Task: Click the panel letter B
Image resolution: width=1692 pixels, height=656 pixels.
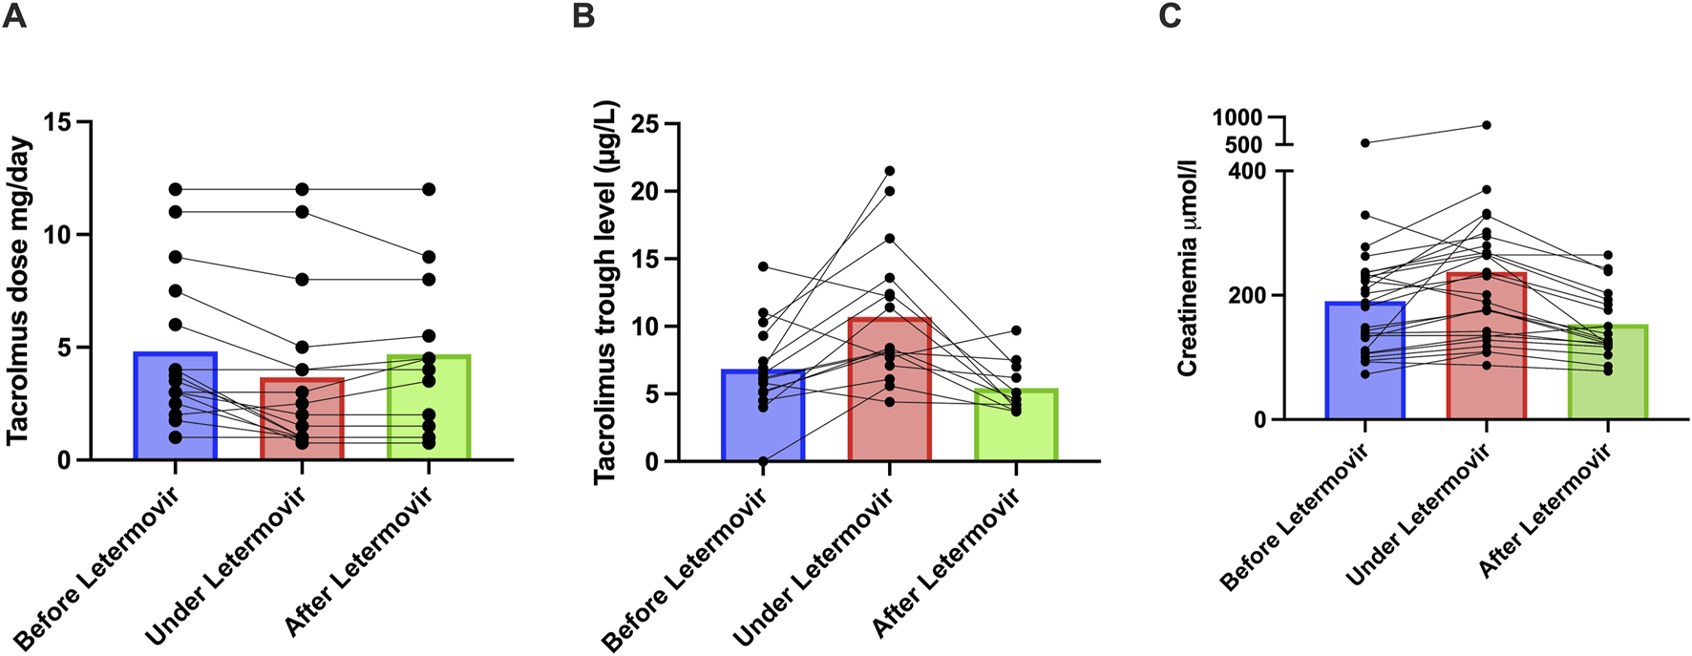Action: [x=583, y=16]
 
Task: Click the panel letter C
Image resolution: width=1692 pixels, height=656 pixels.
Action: [x=1170, y=16]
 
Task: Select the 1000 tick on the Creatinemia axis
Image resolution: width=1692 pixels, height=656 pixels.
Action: [x=1237, y=117]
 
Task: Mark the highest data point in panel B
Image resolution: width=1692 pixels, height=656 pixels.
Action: [x=890, y=171]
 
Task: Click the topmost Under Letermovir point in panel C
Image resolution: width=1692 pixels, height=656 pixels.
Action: [x=1487, y=125]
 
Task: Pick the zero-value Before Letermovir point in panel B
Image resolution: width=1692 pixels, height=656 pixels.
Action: [x=763, y=461]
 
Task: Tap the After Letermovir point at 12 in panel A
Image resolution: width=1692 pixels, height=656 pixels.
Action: [x=429, y=189]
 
